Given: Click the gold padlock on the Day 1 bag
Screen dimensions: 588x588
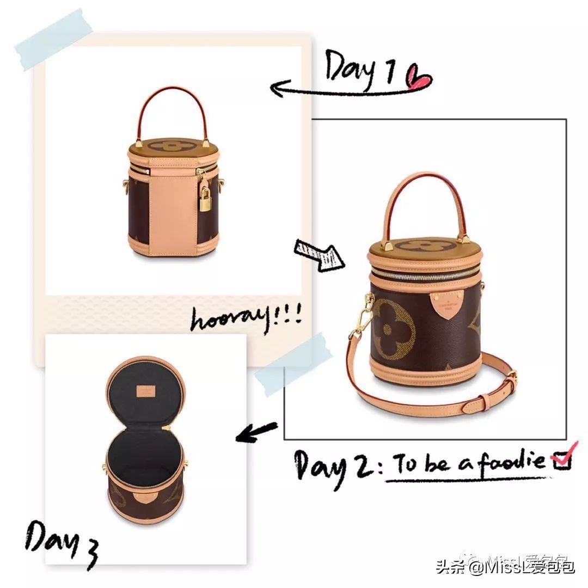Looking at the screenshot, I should (205, 200).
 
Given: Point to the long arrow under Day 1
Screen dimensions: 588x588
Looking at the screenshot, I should (348, 89).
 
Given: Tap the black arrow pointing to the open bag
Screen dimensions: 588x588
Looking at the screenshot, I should (256, 432).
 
